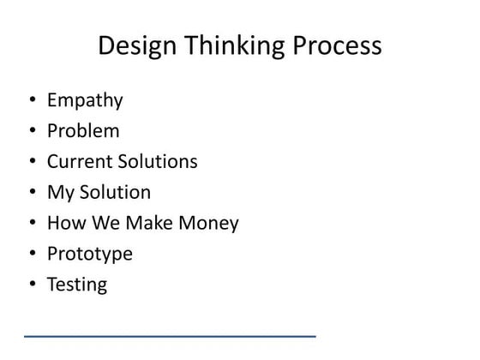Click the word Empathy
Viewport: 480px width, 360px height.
coord(85,101)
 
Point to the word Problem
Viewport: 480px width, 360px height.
coord(83,131)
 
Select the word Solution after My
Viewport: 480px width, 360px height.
coord(113,192)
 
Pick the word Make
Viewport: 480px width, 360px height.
coord(147,223)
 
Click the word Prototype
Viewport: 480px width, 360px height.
coord(90,255)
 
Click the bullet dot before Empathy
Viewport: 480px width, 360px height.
coord(33,101)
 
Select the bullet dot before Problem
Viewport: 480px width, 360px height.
coord(33,131)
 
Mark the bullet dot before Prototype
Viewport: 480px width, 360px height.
coord(33,254)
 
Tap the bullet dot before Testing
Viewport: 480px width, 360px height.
coord(33,285)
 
